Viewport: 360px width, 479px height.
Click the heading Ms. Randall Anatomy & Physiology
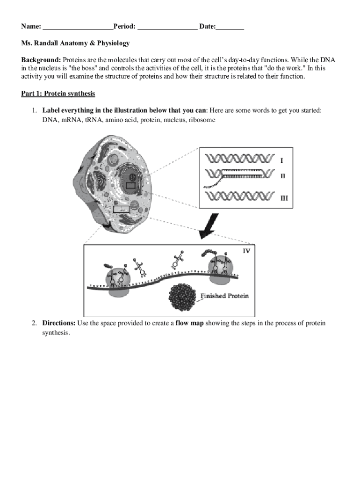(x=75, y=44)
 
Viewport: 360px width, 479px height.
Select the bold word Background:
(x=41, y=60)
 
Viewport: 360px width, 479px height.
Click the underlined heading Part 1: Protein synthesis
(x=58, y=94)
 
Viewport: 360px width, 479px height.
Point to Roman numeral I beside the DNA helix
(x=281, y=160)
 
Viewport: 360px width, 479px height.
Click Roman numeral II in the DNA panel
(x=282, y=176)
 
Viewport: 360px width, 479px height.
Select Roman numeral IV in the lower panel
(x=247, y=251)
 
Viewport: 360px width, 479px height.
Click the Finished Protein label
(x=224, y=296)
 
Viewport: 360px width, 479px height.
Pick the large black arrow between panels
(x=209, y=226)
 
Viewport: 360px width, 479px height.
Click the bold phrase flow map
(x=189, y=323)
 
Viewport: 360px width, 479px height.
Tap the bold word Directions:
(x=59, y=323)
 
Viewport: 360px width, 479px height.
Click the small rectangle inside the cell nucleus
(x=130, y=186)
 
